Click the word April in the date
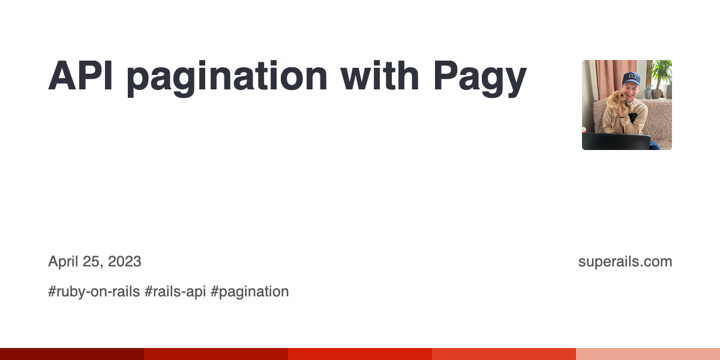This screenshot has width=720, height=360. coord(64,262)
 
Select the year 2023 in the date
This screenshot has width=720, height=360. coord(125,262)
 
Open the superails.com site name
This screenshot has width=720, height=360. coord(625,262)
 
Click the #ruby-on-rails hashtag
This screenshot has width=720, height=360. coord(94,292)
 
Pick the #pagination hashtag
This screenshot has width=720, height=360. coord(250,292)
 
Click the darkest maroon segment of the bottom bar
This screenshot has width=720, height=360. coord(72,354)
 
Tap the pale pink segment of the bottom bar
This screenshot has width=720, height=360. coord(648,354)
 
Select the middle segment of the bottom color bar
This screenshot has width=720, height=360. coord(360,354)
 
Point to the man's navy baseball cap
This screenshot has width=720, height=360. coord(631,78)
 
